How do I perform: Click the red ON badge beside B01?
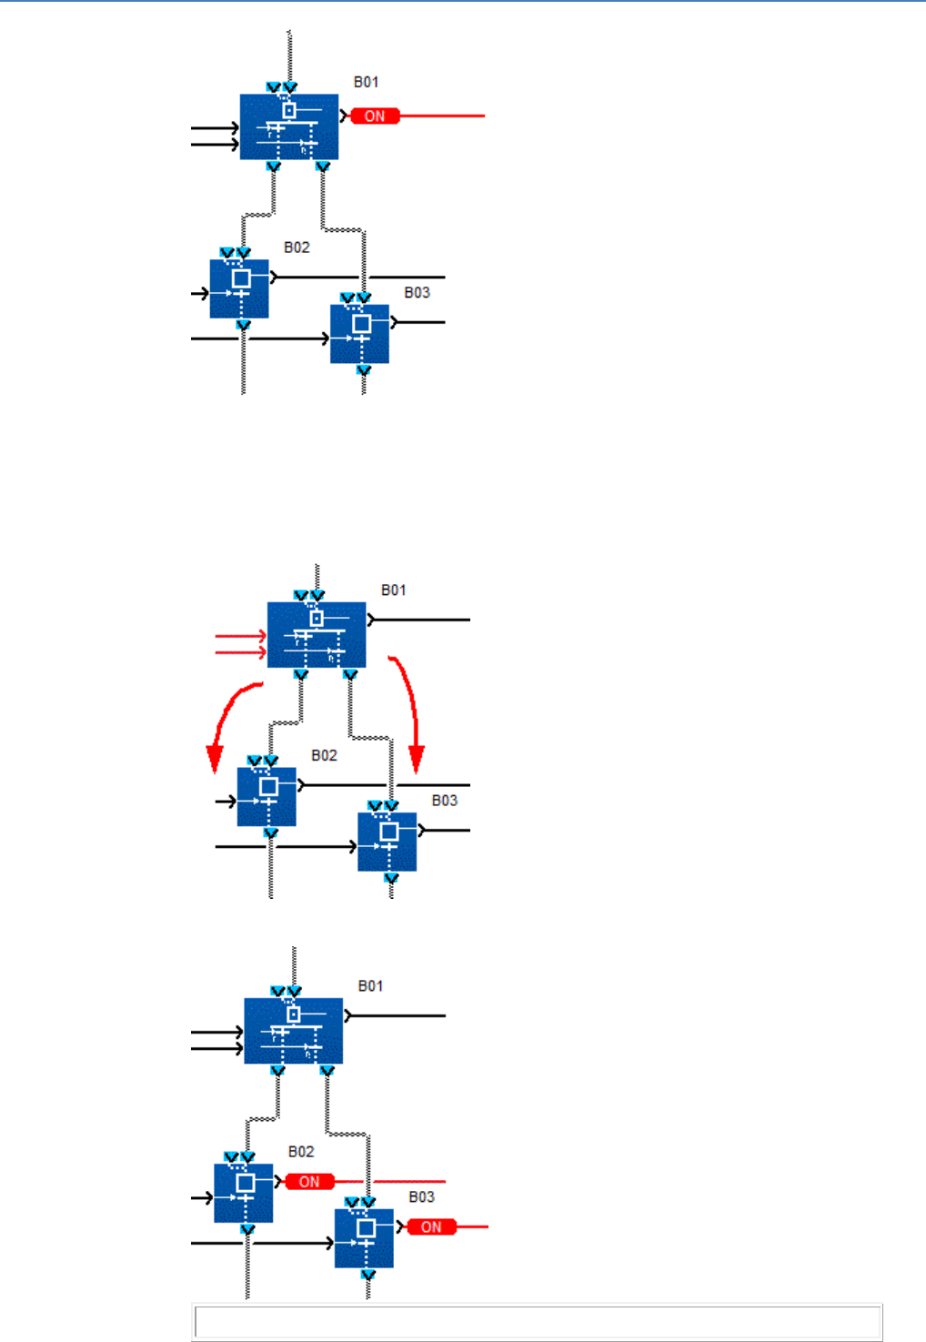[375, 116]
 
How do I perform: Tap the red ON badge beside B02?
[309, 1182]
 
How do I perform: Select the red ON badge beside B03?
[431, 1227]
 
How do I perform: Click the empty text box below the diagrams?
[537, 1322]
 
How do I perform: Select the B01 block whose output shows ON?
[289, 126]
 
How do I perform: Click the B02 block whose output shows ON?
[243, 1193]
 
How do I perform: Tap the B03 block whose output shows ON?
[364, 1238]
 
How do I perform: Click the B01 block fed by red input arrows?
[317, 634]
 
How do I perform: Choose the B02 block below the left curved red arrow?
[267, 797]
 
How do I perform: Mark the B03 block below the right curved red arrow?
[388, 842]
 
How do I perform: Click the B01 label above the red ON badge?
[367, 82]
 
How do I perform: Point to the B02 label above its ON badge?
[301, 1152]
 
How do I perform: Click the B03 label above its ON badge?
[421, 1197]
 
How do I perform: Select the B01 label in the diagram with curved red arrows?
[394, 590]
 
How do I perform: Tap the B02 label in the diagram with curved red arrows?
[324, 755]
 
